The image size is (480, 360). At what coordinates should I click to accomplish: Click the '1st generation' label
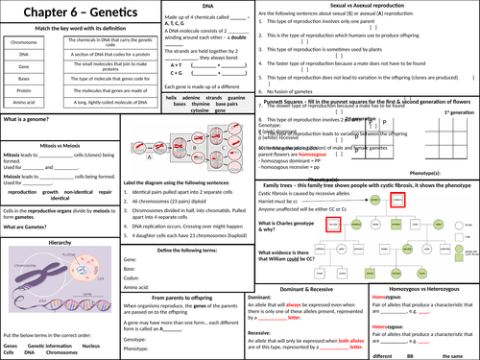(x=455, y=112)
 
